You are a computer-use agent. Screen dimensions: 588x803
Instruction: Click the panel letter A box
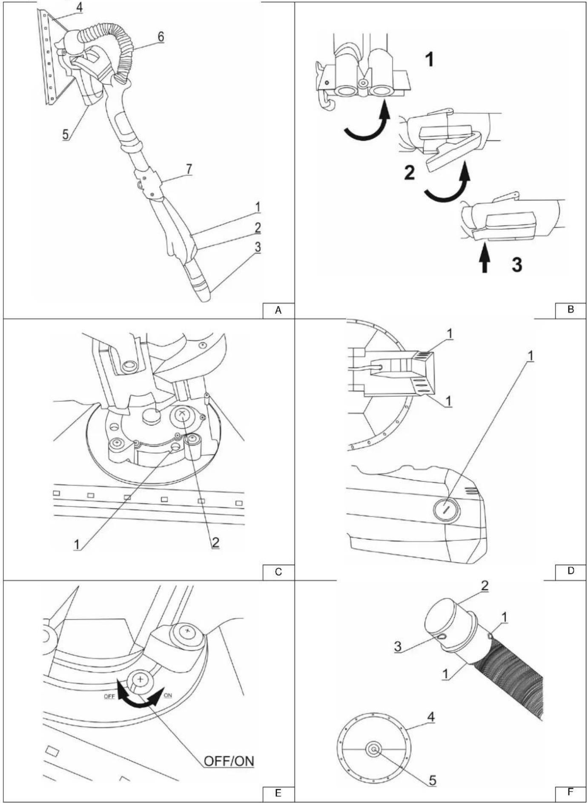[278, 310]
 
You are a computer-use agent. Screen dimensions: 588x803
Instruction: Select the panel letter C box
[278, 572]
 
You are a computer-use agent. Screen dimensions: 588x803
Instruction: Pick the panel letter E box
[278, 793]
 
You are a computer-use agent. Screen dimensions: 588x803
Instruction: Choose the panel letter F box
[571, 792]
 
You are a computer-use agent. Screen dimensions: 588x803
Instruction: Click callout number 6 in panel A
[161, 37]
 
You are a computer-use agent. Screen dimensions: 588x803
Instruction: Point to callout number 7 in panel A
[189, 169]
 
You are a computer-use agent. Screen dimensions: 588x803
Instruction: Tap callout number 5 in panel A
[65, 134]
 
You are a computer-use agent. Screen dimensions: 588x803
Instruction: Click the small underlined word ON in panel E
[168, 696]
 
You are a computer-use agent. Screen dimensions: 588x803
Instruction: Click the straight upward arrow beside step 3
[484, 260]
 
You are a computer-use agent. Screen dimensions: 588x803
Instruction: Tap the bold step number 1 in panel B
[430, 59]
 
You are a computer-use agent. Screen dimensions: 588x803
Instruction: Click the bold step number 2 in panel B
[409, 173]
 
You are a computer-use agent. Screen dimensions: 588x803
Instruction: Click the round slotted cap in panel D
[447, 509]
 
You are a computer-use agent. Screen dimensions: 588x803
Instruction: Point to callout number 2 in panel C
[215, 542]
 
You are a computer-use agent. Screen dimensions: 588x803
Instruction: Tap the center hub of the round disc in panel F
[374, 749]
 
